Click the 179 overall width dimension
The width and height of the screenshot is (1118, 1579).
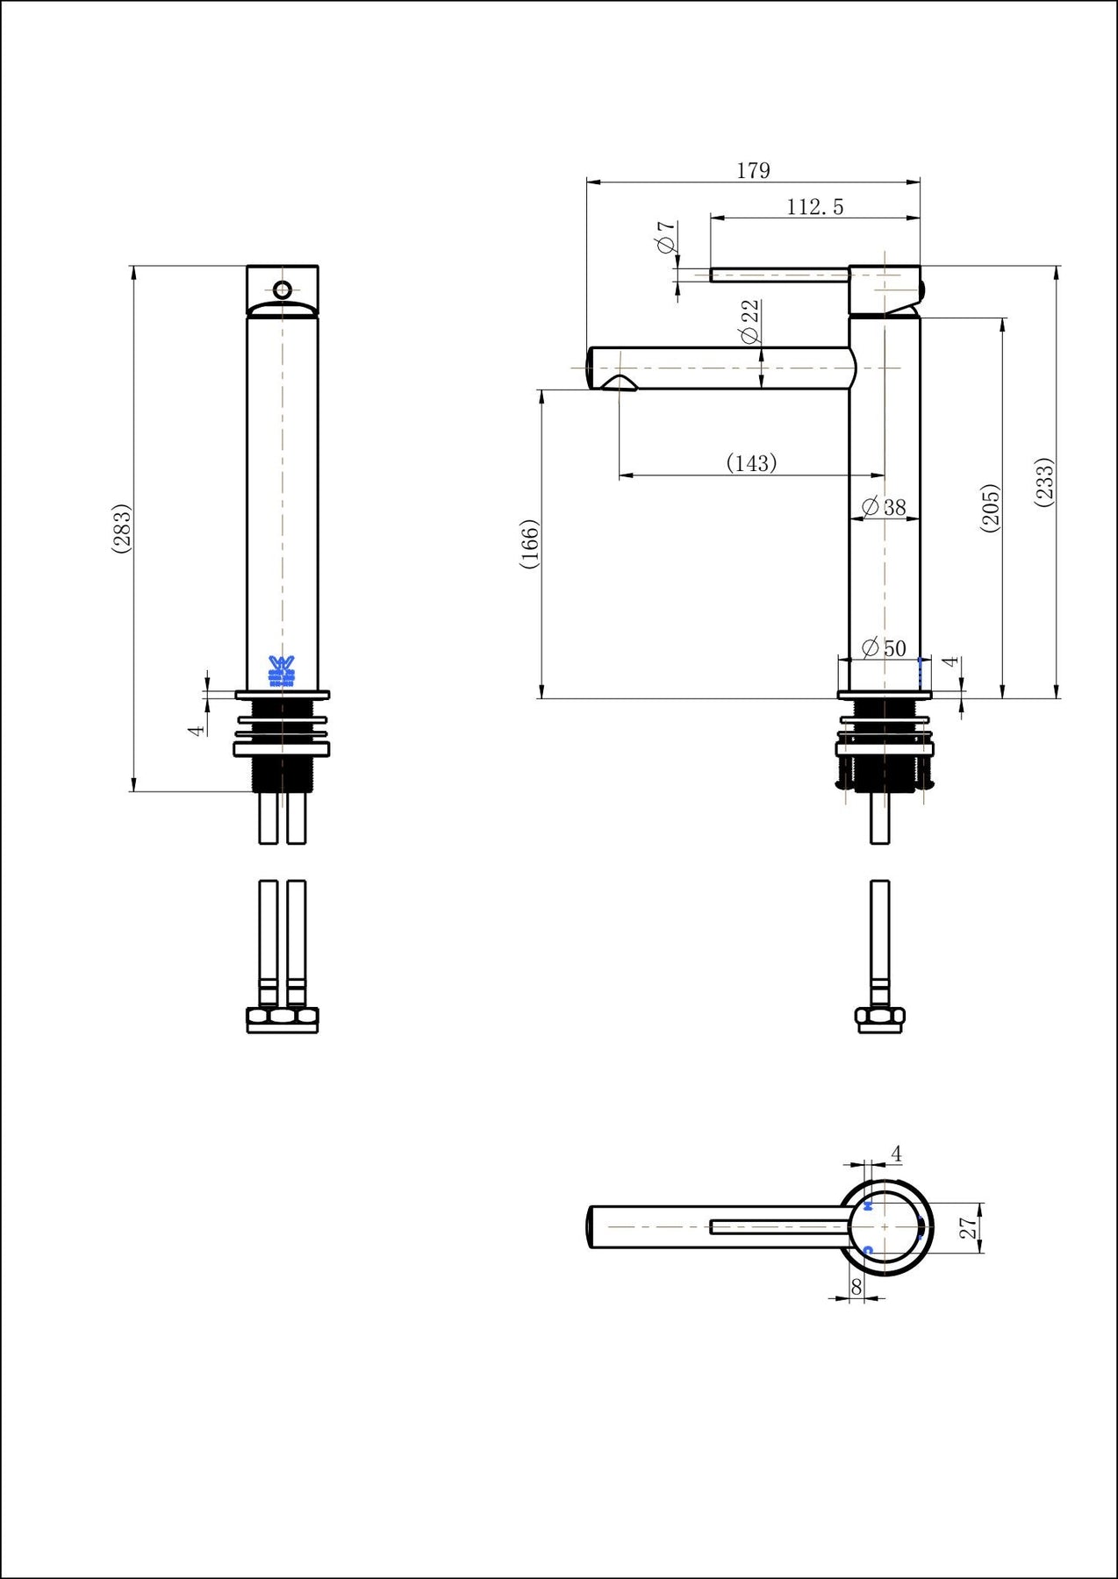coord(753,170)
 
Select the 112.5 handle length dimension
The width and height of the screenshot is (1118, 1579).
coord(814,207)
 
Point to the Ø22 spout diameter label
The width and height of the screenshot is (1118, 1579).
coord(749,321)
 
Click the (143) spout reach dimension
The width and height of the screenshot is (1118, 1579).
coord(752,463)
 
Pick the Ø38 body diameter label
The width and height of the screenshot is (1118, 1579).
coord(884,507)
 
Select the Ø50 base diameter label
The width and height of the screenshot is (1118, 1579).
coord(884,648)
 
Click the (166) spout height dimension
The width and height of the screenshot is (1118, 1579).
coord(529,544)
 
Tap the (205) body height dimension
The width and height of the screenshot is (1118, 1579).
coord(990,507)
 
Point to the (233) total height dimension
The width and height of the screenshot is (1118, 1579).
coord(1044,481)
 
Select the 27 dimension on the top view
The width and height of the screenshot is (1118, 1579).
coord(968,1227)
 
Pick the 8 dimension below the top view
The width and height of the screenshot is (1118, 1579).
coord(856,1286)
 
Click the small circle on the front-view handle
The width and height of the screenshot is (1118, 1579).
coord(283,289)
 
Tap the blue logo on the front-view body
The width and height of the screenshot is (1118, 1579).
coord(282,670)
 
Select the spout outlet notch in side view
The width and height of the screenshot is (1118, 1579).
coord(620,382)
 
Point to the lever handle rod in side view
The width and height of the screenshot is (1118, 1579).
coord(779,275)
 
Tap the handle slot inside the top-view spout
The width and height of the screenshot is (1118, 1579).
coord(779,1227)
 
